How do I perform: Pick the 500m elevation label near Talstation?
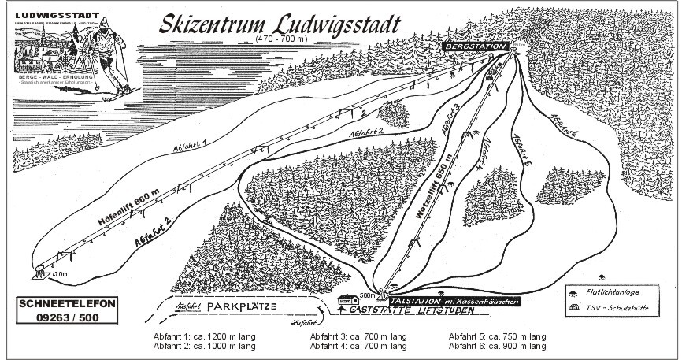367,296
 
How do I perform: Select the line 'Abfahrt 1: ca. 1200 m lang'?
204,336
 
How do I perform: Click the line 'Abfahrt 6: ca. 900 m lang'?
496,346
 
